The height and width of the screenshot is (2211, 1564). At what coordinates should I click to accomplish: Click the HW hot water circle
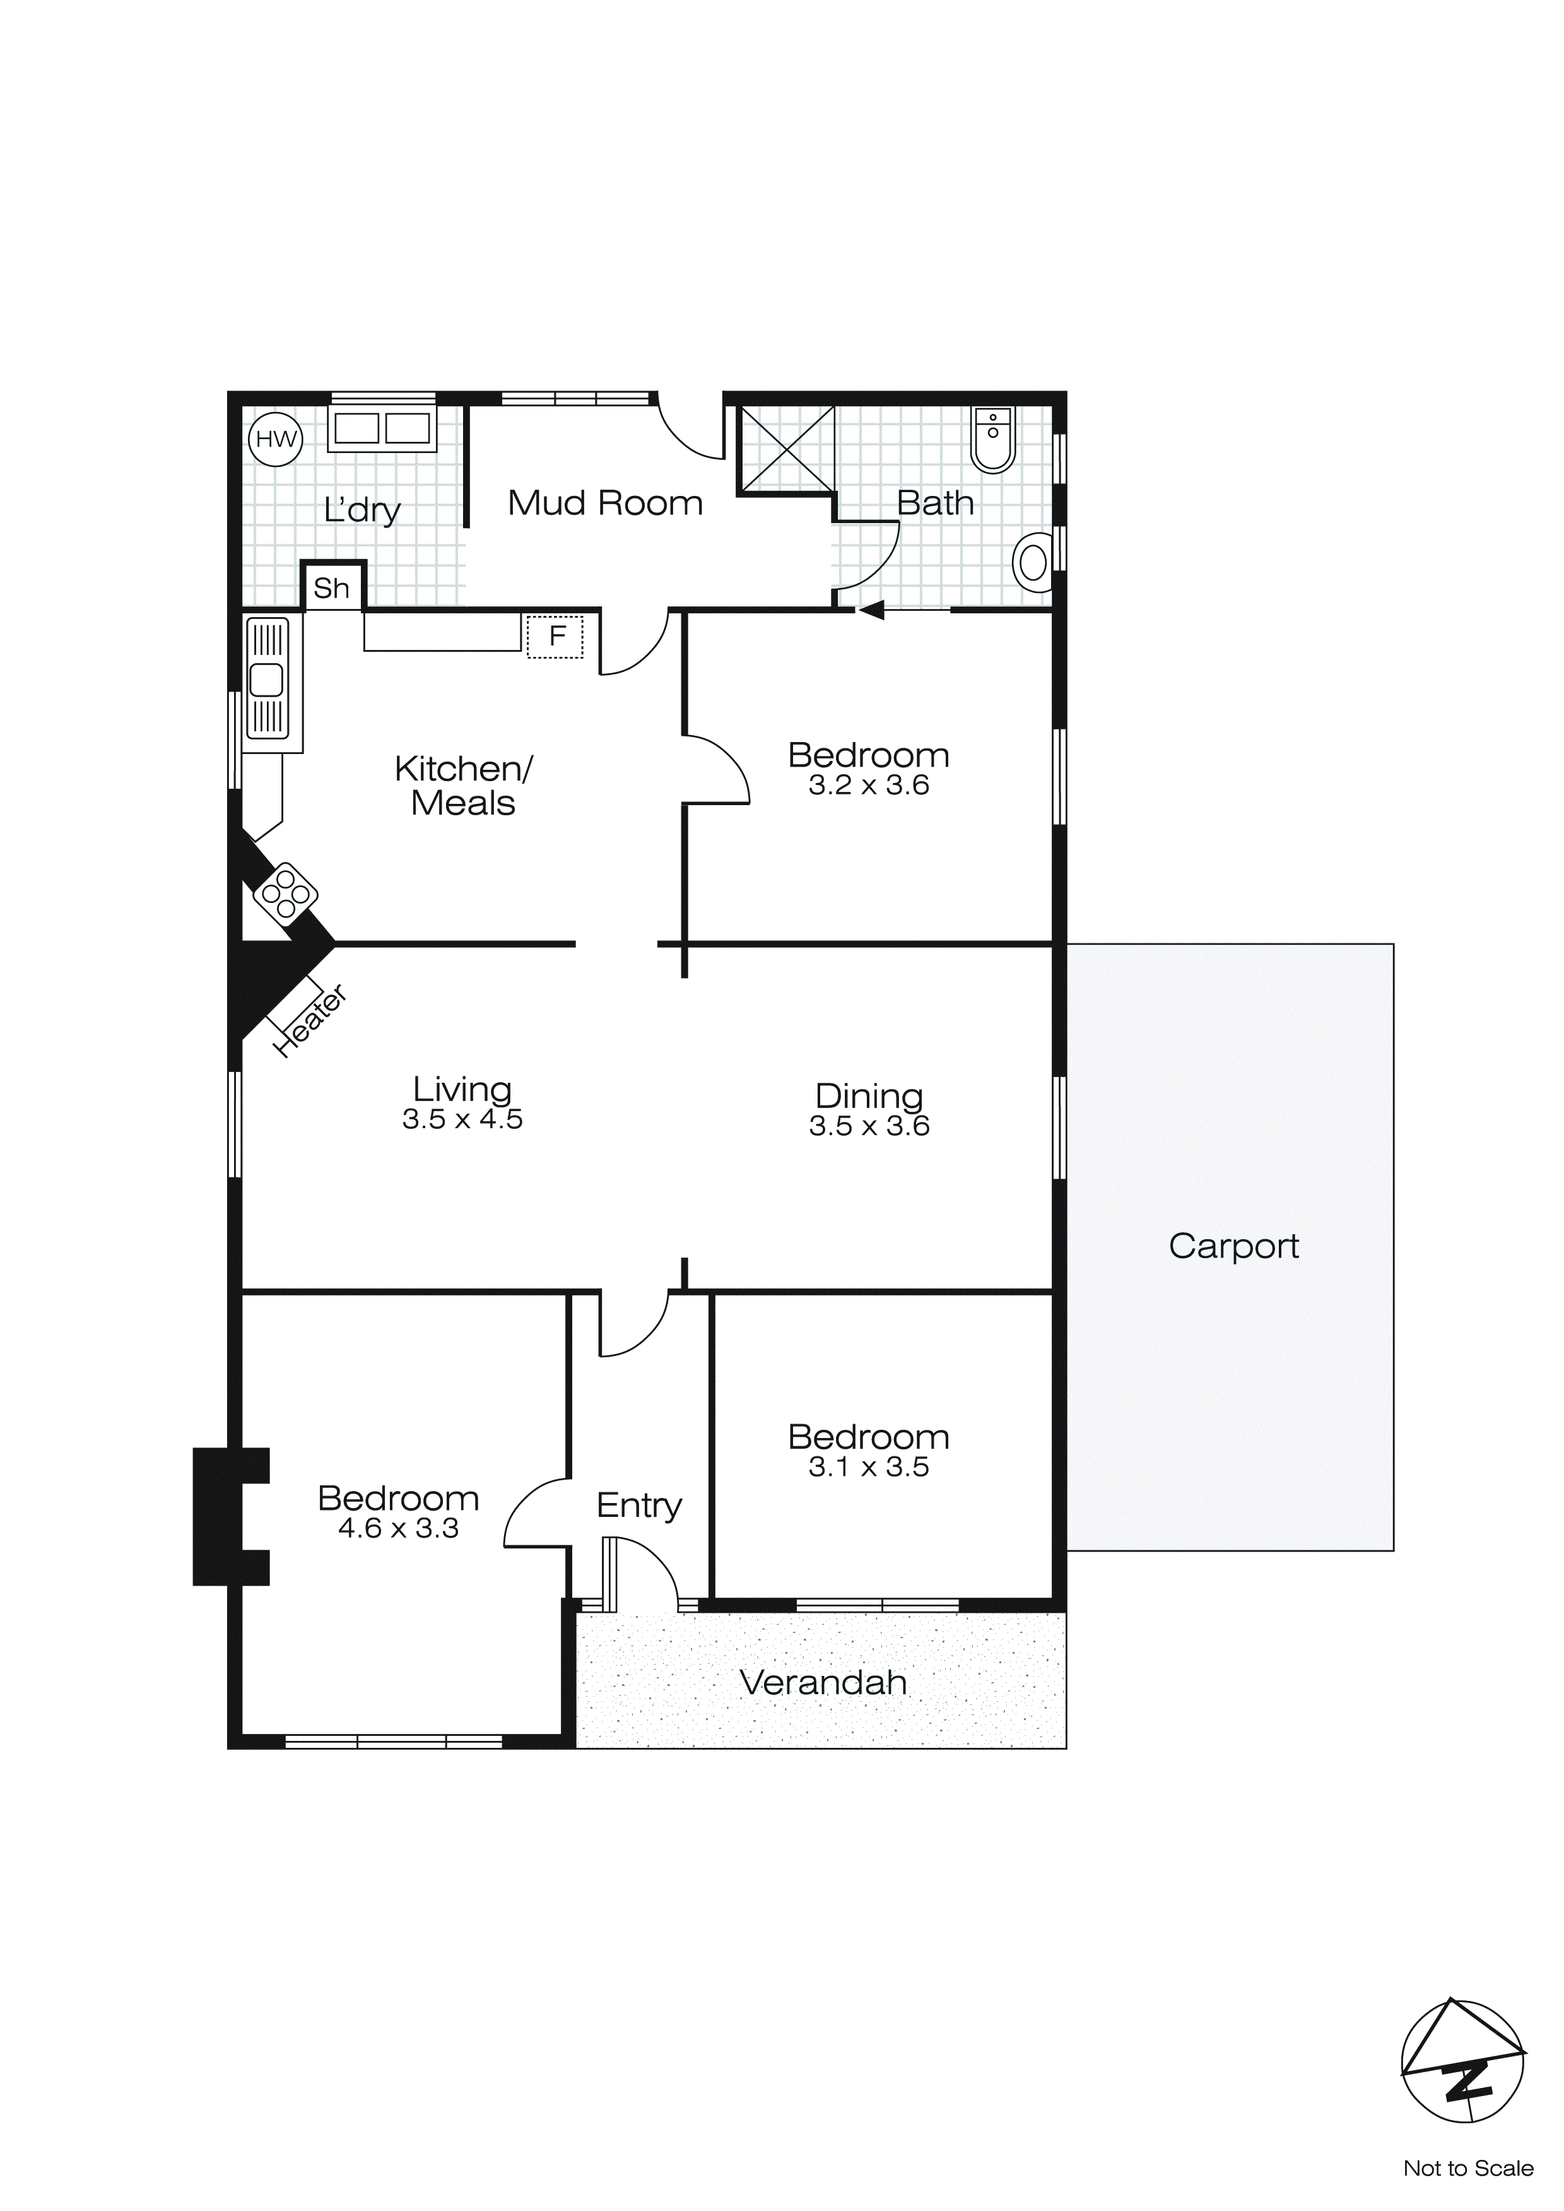pyautogui.click(x=276, y=439)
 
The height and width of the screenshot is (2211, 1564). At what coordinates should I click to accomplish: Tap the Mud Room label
pyautogui.click(x=605, y=503)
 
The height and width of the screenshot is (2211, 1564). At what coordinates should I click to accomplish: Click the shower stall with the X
pyautogui.click(x=786, y=449)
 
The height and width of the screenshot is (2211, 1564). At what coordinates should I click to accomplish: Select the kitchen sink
pyautogui.click(x=267, y=680)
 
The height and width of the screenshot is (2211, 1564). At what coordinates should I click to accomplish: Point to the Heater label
pyautogui.click(x=310, y=1022)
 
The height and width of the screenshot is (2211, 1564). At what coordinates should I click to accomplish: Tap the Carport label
pyautogui.click(x=1233, y=1246)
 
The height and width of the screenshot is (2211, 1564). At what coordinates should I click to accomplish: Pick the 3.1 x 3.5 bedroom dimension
pyautogui.click(x=869, y=1466)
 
